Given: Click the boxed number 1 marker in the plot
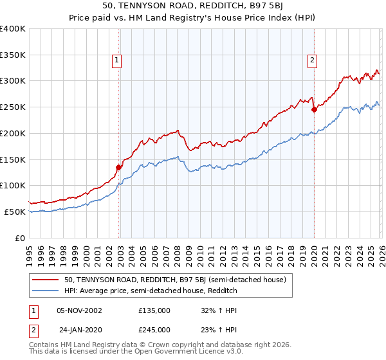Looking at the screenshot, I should point(117,61).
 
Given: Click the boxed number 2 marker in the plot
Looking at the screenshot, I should point(312,61).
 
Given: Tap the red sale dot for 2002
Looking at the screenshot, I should point(118,167).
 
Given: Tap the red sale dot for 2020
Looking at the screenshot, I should point(314,109).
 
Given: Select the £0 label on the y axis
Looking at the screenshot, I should point(21,238).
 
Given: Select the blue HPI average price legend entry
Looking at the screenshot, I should point(151,291).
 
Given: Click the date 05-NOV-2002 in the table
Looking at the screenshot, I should point(80,310).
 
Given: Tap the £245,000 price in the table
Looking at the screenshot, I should point(154,330).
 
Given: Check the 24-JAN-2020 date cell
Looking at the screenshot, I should point(80,330).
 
